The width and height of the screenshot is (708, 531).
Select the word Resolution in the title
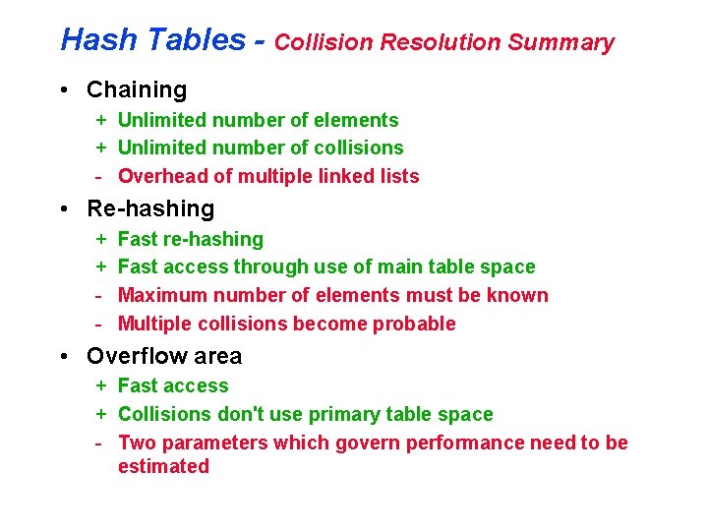click(442, 42)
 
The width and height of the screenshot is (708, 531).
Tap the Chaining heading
click(137, 89)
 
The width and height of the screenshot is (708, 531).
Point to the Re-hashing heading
click(150, 208)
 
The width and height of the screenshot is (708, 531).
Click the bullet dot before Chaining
click(64, 90)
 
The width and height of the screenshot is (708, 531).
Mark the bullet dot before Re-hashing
click(64, 209)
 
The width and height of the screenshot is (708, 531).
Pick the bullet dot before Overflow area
click(64, 356)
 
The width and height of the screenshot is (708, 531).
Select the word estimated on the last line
click(163, 466)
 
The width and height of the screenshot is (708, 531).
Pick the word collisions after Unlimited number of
click(359, 147)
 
